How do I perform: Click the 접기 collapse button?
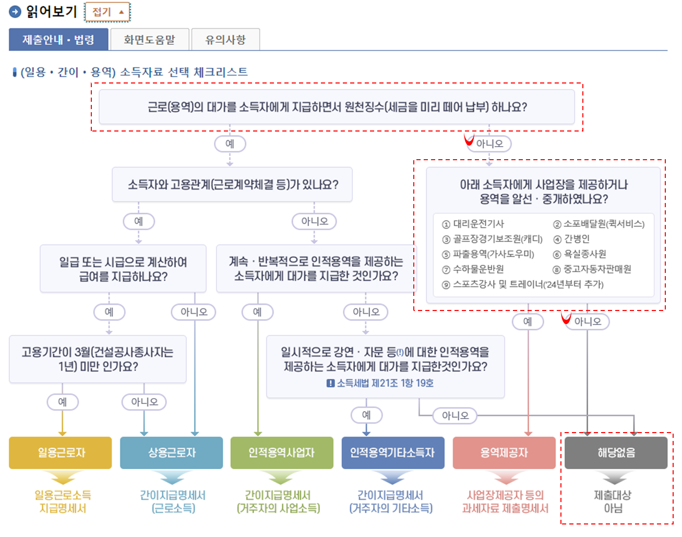tap(107, 12)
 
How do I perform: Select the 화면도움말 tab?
tap(149, 40)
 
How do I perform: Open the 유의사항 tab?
tap(225, 40)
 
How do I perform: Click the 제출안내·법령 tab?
tap(58, 40)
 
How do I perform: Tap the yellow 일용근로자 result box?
tap(61, 452)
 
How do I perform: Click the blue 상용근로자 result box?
tap(171, 452)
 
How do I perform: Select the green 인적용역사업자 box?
tap(282, 452)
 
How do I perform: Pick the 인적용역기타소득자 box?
tap(393, 452)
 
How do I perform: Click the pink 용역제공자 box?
tap(504, 452)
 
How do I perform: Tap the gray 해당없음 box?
tap(616, 452)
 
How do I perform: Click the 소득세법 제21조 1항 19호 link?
tap(385, 383)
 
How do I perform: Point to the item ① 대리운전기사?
tap(474, 224)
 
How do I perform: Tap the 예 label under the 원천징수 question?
tap(230, 144)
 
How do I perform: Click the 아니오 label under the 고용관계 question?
tap(314, 221)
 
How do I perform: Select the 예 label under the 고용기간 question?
tap(62, 402)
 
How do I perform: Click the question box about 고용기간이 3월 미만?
tap(98, 359)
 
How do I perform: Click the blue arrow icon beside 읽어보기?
tap(15, 11)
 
